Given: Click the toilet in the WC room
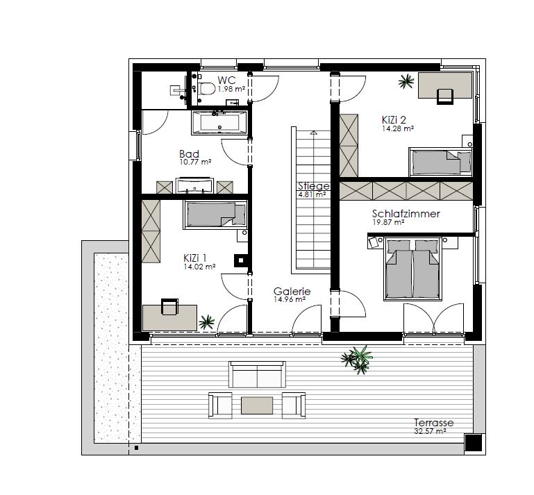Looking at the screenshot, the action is click(x=206, y=89).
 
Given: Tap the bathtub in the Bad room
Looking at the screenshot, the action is click(x=219, y=123).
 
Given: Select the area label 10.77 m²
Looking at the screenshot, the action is click(x=196, y=162).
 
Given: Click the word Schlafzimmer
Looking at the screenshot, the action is click(x=406, y=214).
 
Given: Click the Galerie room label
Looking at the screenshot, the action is click(x=292, y=292).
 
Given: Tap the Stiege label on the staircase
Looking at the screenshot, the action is click(x=314, y=186).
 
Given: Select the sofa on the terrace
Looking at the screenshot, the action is click(x=257, y=374).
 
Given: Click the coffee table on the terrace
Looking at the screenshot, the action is click(x=257, y=405).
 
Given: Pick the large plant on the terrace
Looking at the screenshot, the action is click(x=358, y=360).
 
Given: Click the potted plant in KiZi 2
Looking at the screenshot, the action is click(x=406, y=81).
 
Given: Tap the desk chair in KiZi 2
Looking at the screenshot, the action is click(x=445, y=97).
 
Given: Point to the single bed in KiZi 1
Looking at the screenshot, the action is click(x=215, y=215).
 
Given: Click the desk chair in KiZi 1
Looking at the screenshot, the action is click(x=169, y=307).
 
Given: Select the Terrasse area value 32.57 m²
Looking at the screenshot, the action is click(x=430, y=431).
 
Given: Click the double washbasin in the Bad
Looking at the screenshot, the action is click(x=194, y=185).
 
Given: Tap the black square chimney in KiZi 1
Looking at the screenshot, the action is click(x=241, y=261).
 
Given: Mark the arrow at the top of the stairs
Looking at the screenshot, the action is click(x=314, y=133).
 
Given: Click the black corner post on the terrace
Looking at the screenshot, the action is click(x=474, y=443).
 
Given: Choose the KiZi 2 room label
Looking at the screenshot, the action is click(x=394, y=120).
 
